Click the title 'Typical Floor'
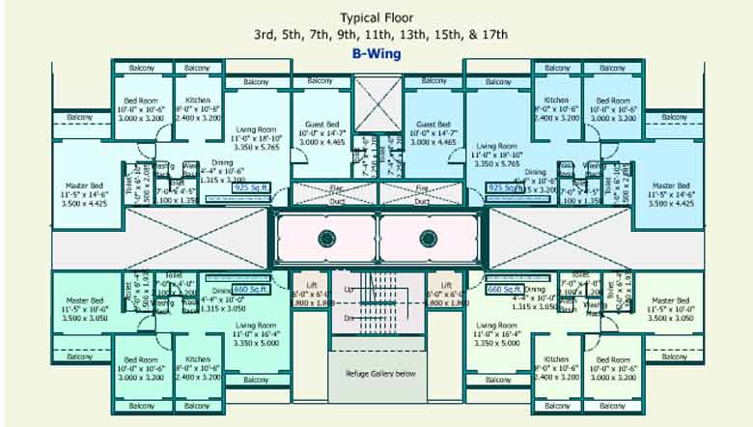[x=376, y=17]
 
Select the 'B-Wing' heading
[x=376, y=54]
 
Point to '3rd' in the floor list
[x=265, y=35]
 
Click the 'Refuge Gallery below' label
[x=376, y=372]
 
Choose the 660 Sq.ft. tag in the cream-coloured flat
[x=503, y=289]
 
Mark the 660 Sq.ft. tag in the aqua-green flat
[x=250, y=289]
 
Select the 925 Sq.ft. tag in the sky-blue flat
[x=503, y=187]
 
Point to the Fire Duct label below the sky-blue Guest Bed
[x=421, y=194]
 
